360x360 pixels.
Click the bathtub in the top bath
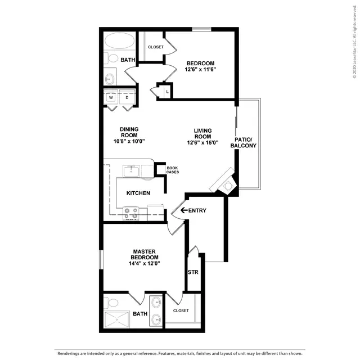pos(120,40)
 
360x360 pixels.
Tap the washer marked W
pos(111,97)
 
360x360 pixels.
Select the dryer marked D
pos(127,97)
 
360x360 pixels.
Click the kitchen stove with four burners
pos(131,214)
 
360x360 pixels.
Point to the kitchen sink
pos(131,171)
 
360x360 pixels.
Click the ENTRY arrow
pos(184,210)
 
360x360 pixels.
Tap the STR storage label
pos(193,272)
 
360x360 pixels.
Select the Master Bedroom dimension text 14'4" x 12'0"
pos(145,263)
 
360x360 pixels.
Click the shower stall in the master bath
pos(117,319)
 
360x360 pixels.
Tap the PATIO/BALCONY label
pos(244,142)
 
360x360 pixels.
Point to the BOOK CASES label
pos(173,170)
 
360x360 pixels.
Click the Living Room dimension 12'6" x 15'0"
pos(202,142)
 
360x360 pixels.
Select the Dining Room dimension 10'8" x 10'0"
pos(129,141)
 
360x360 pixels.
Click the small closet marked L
pos(165,92)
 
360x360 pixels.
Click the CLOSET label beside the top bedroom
pos(156,47)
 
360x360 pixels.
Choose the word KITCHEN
pos(138,193)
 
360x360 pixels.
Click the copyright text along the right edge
pos(355,42)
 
